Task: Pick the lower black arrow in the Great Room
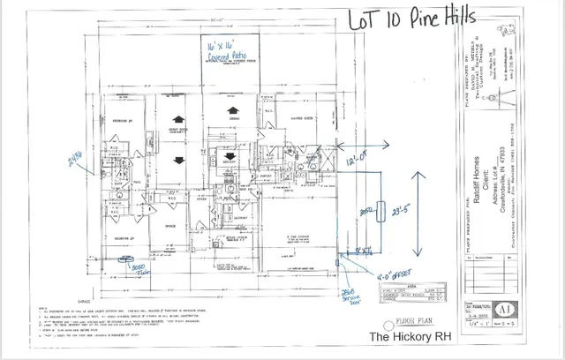coord(179,160)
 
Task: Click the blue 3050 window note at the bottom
coord(137,269)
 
